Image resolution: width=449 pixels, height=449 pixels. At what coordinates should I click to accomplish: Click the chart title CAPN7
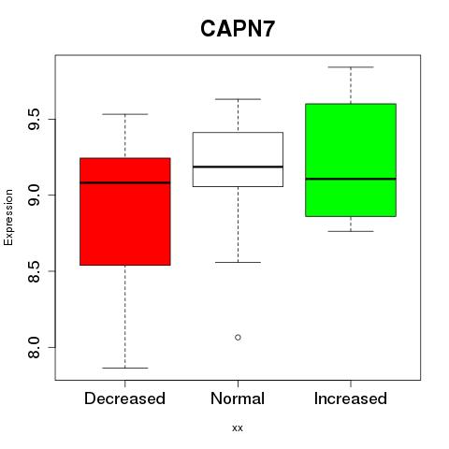tap(238, 29)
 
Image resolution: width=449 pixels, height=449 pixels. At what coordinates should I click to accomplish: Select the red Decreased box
tap(125, 211)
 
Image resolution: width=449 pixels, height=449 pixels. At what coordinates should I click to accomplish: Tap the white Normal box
tap(238, 159)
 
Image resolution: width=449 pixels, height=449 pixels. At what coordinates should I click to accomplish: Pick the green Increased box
tap(351, 160)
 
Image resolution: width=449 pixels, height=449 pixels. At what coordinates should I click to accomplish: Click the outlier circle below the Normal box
tap(238, 338)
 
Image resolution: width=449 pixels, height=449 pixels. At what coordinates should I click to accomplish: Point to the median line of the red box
tap(125, 182)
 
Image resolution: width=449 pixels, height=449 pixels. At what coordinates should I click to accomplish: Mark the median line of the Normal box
tap(238, 167)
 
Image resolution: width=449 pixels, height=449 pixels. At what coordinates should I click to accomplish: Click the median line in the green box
tap(351, 179)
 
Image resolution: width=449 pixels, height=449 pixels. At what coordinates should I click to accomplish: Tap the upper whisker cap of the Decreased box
tap(125, 114)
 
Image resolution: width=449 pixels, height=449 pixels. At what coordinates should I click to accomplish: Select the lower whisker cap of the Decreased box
tap(125, 368)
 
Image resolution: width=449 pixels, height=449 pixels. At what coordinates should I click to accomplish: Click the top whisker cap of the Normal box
tap(238, 99)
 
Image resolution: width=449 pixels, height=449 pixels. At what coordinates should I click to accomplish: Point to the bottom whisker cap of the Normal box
tap(238, 262)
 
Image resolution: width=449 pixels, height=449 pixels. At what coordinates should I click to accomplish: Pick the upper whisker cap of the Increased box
tap(351, 67)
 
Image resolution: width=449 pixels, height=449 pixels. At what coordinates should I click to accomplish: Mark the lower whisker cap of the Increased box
tap(351, 231)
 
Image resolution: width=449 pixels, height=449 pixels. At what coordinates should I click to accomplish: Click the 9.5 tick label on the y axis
tap(34, 119)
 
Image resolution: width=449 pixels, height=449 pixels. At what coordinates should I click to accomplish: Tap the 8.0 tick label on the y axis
tap(34, 347)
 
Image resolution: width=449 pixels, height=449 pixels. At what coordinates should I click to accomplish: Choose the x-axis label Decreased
tap(124, 398)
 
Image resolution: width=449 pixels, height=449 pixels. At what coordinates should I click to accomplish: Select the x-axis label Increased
tap(351, 398)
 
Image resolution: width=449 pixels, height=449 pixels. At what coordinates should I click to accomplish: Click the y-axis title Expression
tap(8, 218)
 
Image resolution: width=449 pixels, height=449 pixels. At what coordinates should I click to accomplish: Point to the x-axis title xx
tap(238, 428)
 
